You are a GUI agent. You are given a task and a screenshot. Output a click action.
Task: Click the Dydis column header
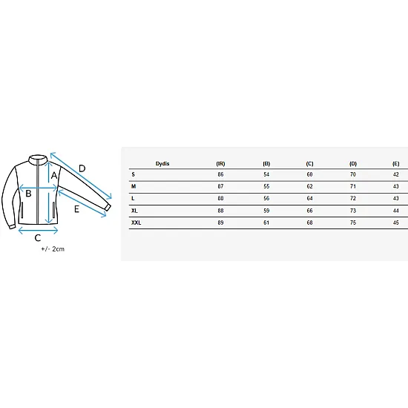pyautogui.click(x=162, y=164)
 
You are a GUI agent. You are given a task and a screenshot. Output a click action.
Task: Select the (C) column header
pyautogui.click(x=309, y=164)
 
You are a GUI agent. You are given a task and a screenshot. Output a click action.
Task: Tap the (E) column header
pyautogui.click(x=396, y=164)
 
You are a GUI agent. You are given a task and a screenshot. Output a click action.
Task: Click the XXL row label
pyautogui.click(x=136, y=223)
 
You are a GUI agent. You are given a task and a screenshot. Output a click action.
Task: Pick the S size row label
pyautogui.click(x=134, y=174)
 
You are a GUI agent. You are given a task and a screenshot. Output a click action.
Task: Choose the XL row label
pyautogui.click(x=134, y=211)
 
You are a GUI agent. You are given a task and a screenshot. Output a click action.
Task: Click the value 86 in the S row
pyautogui.click(x=220, y=174)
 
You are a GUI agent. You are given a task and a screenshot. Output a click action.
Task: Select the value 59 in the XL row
pyautogui.click(x=266, y=211)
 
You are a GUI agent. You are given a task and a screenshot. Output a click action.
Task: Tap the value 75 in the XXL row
pyautogui.click(x=353, y=223)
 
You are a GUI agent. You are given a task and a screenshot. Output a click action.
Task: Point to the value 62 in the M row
pyautogui.click(x=309, y=186)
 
